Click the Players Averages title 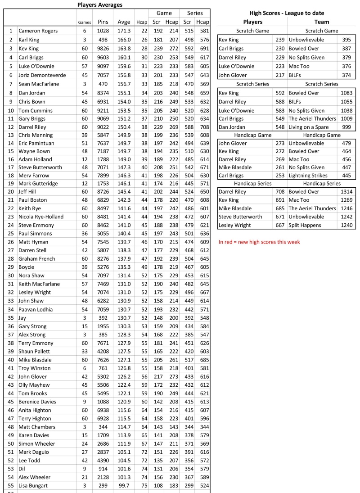99,5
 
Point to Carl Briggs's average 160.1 124,56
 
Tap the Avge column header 124,22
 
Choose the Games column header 84,22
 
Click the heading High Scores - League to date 287,13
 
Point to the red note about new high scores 259,242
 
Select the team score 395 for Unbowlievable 346,40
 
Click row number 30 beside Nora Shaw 10,275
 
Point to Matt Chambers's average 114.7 124,427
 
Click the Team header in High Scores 321,22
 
